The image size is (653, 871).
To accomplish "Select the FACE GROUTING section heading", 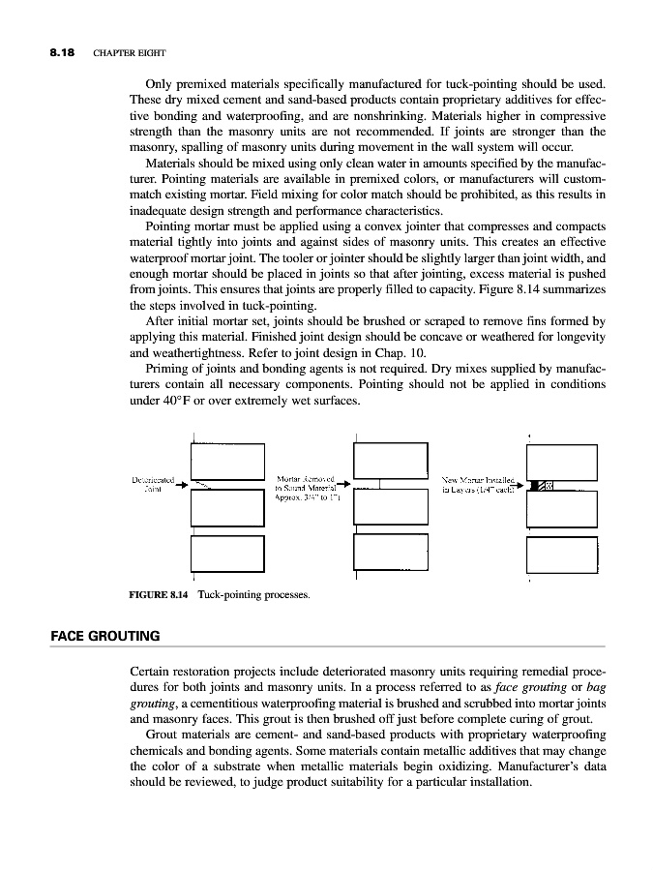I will (104, 636).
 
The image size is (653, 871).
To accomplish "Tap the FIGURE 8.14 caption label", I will (160, 594).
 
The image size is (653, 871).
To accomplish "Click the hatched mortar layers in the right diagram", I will (545, 485).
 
